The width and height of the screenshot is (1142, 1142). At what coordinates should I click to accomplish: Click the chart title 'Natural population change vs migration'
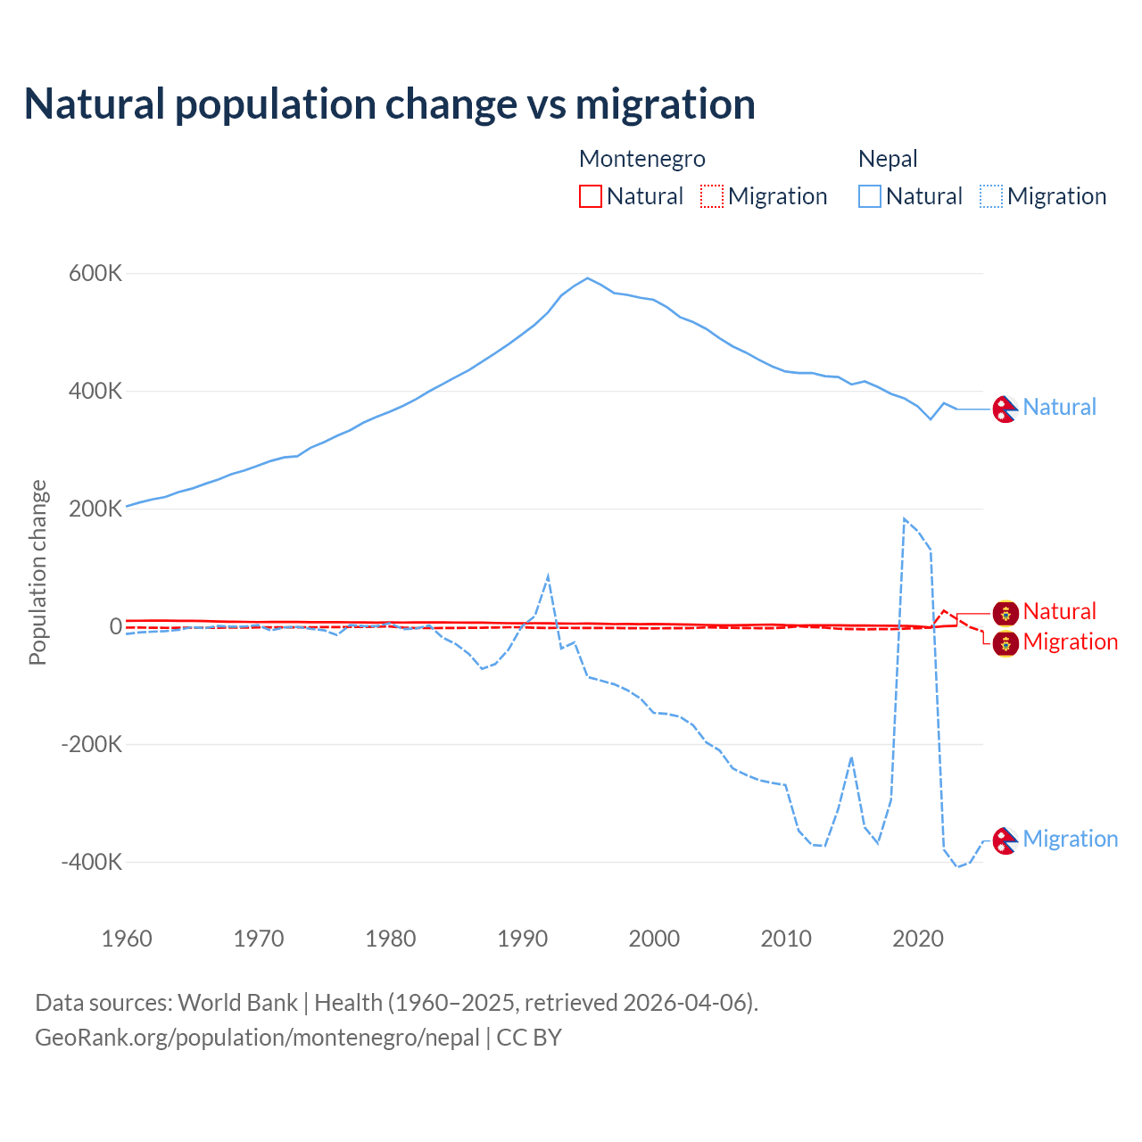(390, 103)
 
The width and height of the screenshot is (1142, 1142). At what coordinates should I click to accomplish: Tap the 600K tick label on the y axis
(95, 274)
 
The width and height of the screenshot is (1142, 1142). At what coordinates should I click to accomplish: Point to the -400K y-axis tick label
(91, 862)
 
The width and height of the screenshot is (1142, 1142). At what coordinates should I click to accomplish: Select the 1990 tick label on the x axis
(523, 939)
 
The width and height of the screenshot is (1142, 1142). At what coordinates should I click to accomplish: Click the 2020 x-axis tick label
(918, 939)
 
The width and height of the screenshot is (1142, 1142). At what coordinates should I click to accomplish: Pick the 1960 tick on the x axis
(128, 939)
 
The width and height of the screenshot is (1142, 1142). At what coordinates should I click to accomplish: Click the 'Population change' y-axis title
(37, 572)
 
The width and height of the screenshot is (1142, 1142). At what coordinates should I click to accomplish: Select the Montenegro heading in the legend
(642, 159)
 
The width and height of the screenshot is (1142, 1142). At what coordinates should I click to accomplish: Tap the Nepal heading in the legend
(888, 159)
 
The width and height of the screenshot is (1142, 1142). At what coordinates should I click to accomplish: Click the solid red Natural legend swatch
(591, 196)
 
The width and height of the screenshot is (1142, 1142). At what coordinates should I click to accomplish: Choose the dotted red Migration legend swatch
(712, 196)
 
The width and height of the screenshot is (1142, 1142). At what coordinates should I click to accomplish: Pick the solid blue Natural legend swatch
(870, 196)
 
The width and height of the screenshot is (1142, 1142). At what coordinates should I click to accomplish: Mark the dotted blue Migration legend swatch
(991, 196)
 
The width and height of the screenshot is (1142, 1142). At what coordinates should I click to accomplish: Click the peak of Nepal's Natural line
(587, 278)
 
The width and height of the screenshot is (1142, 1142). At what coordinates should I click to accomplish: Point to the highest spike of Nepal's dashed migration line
(905, 518)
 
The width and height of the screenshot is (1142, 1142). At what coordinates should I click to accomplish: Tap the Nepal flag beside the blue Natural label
(1005, 409)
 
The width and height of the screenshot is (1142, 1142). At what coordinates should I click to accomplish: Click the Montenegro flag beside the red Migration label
(1005, 643)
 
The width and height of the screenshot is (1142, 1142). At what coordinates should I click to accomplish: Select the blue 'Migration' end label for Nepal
(1070, 839)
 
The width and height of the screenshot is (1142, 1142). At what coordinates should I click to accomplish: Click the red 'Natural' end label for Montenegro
(1059, 611)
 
